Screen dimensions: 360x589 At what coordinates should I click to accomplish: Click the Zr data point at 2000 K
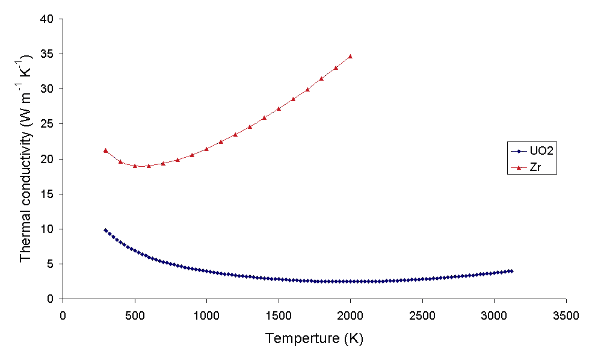point(350,57)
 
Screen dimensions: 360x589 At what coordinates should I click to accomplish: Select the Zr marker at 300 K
point(105,151)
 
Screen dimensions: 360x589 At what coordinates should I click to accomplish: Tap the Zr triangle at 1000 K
point(206,149)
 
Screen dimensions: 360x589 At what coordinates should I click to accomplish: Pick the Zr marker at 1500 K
point(279,109)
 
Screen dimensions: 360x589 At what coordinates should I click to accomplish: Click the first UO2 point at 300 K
point(105,230)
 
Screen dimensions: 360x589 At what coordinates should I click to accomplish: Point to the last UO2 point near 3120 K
point(511,271)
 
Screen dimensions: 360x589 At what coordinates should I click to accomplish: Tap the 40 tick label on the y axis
point(48,19)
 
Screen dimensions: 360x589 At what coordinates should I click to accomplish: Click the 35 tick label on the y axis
point(48,54)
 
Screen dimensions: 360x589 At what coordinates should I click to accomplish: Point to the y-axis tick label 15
point(48,194)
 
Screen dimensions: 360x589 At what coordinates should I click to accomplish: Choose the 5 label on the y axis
point(51,264)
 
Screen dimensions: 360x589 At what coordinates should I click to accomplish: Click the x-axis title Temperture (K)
point(314,339)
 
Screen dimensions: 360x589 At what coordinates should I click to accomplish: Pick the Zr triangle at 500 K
point(135,166)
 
